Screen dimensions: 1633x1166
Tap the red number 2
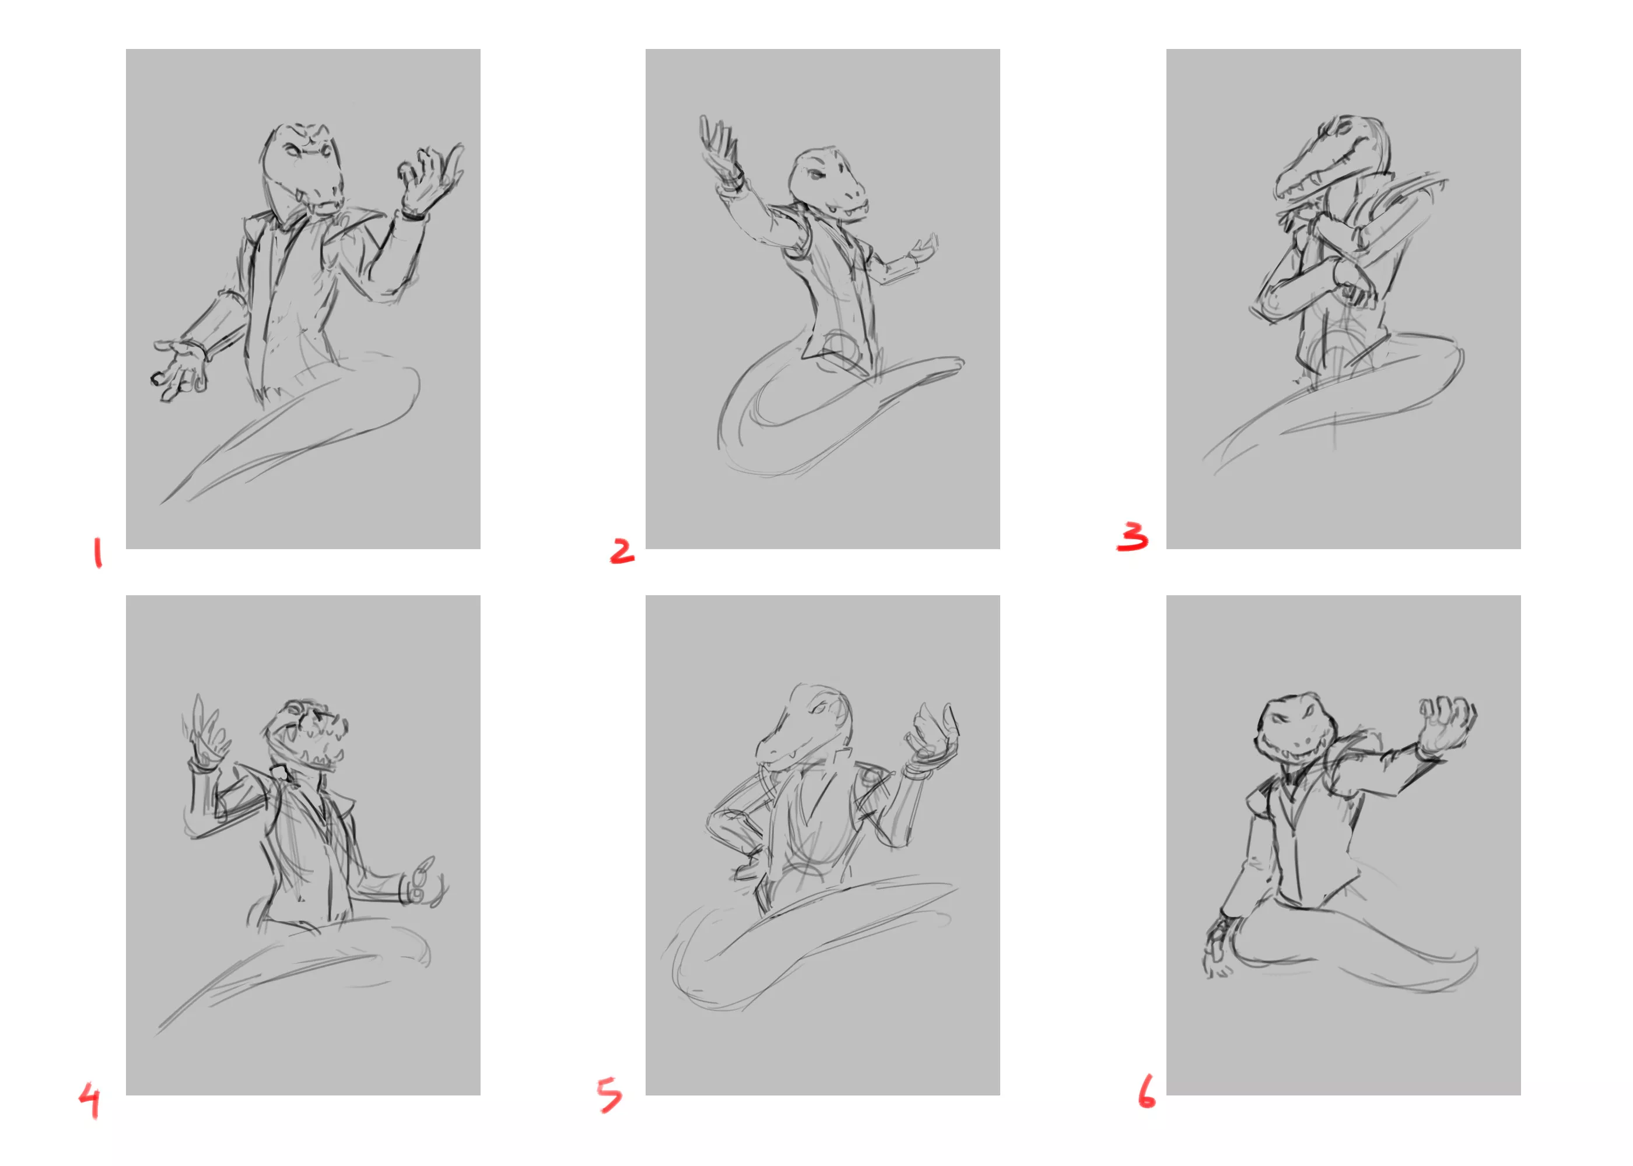pos(622,551)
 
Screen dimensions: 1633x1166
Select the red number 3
pos(1133,536)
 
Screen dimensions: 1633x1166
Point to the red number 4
pos(90,1101)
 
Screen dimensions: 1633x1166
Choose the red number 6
pos(1147,1091)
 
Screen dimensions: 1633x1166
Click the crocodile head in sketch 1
pos(303,170)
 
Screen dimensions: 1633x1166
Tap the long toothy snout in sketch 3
pos(1322,164)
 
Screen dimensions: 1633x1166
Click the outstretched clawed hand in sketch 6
pos(1447,725)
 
